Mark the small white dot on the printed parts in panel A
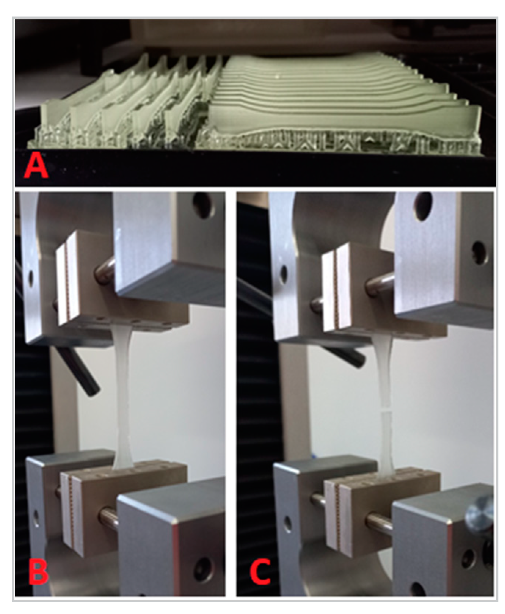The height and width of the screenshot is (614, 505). [277, 77]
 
